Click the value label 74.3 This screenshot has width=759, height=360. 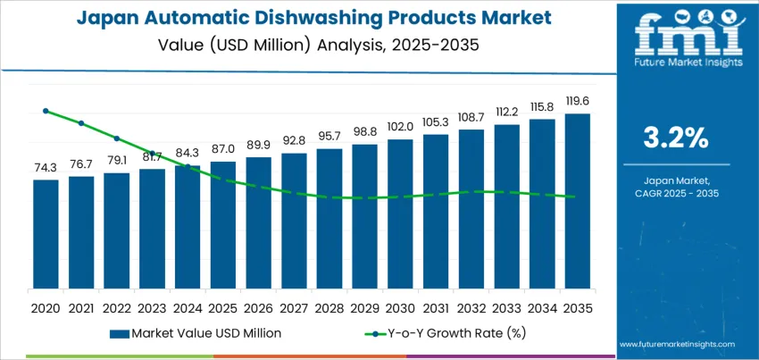pyautogui.click(x=46, y=168)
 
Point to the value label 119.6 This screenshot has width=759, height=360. pyautogui.click(x=577, y=102)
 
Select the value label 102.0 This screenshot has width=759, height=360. pyautogui.click(x=400, y=127)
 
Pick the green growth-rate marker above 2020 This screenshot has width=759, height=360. pyautogui.click(x=46, y=111)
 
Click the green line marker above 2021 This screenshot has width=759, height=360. pyautogui.click(x=81, y=123)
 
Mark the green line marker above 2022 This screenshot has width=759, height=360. pyautogui.click(x=117, y=138)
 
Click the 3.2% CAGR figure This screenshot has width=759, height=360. pyautogui.click(x=676, y=138)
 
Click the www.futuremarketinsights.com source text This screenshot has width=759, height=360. pyautogui.click(x=676, y=344)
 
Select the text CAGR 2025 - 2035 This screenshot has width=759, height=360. pyautogui.click(x=676, y=193)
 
